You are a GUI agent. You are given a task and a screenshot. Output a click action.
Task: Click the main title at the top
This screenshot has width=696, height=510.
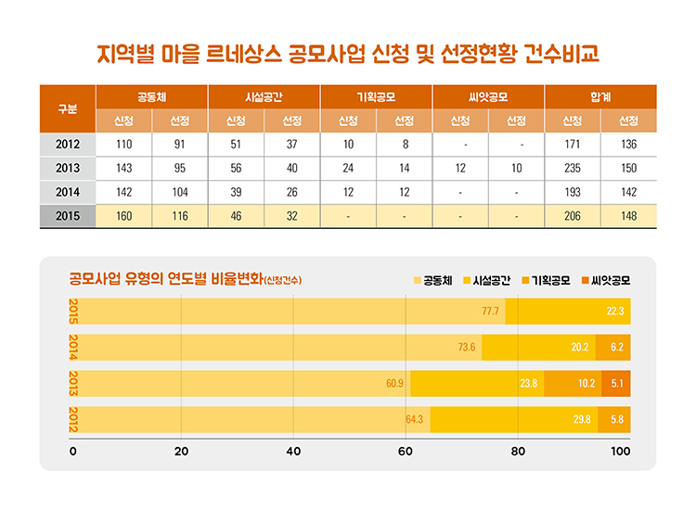pyautogui.click(x=348, y=52)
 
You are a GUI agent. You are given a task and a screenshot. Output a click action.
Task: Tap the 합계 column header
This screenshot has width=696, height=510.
pyautogui.click(x=599, y=96)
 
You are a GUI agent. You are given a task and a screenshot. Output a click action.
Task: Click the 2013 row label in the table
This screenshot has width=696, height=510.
pyautogui.click(x=67, y=169)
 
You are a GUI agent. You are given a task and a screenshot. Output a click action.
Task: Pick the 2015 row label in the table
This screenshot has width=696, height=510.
pyautogui.click(x=67, y=216)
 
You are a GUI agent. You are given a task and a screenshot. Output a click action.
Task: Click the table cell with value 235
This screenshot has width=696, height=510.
pyautogui.click(x=572, y=169)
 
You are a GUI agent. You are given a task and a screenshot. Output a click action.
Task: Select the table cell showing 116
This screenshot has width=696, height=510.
pyautogui.click(x=180, y=216)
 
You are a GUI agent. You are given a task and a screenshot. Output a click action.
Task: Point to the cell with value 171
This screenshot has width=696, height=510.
pyautogui.click(x=572, y=145)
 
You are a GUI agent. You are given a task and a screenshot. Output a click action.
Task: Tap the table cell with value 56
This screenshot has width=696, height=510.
pyautogui.click(x=236, y=169)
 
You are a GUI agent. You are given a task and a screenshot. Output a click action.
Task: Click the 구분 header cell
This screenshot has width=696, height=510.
pyautogui.click(x=67, y=108)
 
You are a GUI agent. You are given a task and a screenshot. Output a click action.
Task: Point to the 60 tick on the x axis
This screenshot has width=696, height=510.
pyautogui.click(x=406, y=452)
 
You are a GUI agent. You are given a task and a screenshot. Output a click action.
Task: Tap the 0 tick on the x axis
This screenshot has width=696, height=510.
pyautogui.click(x=72, y=452)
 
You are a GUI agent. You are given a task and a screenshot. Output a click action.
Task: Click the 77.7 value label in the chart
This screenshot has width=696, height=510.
pyautogui.click(x=491, y=311)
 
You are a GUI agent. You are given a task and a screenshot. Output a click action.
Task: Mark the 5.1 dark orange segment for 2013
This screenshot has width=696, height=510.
pyautogui.click(x=616, y=383)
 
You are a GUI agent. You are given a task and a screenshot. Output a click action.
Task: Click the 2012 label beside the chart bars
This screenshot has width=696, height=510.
pyautogui.click(x=73, y=419)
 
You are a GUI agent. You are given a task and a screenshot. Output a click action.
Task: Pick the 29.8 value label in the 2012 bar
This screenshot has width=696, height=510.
pyautogui.click(x=582, y=419)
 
